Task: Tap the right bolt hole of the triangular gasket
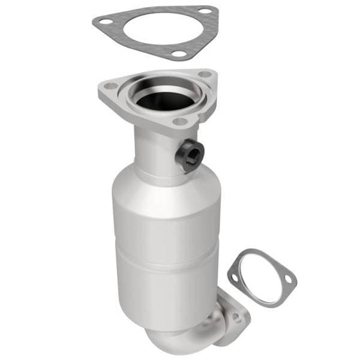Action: [x=206, y=11]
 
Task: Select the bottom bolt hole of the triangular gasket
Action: [x=178, y=55]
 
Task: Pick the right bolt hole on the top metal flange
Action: [x=205, y=75]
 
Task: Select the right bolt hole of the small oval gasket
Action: [x=289, y=280]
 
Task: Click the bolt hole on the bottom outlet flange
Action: [x=238, y=318]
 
